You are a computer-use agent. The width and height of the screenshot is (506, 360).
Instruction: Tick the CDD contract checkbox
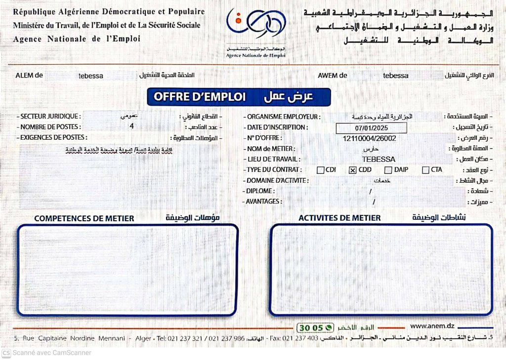point(353,170)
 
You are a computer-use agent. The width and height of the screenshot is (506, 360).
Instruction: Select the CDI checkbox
point(321,170)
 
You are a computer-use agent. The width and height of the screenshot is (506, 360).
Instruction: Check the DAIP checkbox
point(388,170)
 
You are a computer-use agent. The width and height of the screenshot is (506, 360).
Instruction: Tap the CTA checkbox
point(425,170)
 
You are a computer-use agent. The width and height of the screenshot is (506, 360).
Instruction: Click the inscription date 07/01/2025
point(371,128)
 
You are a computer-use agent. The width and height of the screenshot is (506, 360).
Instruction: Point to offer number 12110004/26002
point(369,138)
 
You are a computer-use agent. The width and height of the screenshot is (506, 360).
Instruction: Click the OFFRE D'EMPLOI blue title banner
point(239,97)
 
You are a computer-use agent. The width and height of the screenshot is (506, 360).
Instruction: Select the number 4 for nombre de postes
point(131,126)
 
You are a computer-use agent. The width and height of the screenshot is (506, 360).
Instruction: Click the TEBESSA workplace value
point(379,160)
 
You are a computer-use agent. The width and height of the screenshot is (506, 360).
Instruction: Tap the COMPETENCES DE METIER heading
point(84,218)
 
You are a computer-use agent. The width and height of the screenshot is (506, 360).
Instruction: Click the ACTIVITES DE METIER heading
point(339,218)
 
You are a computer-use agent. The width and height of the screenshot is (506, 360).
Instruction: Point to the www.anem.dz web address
point(432,326)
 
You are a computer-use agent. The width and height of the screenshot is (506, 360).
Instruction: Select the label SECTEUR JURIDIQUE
point(48,117)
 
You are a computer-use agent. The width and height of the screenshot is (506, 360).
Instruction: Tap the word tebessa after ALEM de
point(91,76)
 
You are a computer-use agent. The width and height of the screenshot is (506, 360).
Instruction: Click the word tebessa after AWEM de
point(396,76)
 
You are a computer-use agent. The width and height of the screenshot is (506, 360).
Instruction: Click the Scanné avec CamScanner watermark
point(47,353)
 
